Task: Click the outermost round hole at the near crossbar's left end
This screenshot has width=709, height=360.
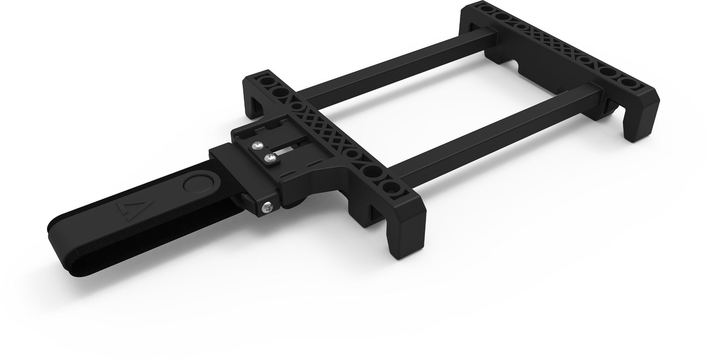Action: click(x=265, y=81)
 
